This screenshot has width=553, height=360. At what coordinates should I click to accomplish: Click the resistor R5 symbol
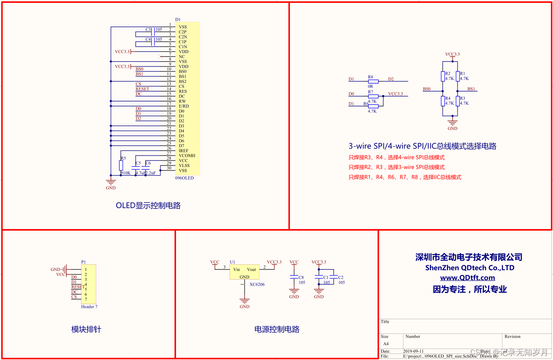[121, 165]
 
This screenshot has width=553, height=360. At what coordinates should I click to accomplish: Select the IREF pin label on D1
[184, 151]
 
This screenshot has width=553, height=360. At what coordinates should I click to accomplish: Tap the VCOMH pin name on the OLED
[187, 156]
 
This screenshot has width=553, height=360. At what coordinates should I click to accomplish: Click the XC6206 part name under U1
[257, 284]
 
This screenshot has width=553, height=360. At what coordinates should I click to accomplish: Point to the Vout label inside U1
[252, 269]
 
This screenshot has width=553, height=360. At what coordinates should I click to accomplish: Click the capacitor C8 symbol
[294, 277]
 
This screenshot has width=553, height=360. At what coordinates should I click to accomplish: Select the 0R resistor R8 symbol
[373, 82]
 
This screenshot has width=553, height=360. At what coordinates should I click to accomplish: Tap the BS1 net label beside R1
[471, 89]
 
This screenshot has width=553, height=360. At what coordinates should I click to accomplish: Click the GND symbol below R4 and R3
[452, 123]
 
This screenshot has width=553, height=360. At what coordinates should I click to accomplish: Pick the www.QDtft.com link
[467, 278]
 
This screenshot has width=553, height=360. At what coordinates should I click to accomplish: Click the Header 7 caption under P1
[89, 307]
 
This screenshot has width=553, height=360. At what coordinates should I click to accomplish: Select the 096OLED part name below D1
[184, 178]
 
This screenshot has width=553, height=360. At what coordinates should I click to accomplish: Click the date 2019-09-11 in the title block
[413, 351]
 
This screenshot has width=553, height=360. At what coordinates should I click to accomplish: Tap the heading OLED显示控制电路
[148, 206]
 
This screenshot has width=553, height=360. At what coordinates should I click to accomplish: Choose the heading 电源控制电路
[277, 329]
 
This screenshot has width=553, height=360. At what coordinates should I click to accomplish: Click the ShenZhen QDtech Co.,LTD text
[469, 268]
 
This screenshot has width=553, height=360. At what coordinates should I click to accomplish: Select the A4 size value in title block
[385, 344]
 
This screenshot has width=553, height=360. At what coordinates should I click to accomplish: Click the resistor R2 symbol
[442, 76]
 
